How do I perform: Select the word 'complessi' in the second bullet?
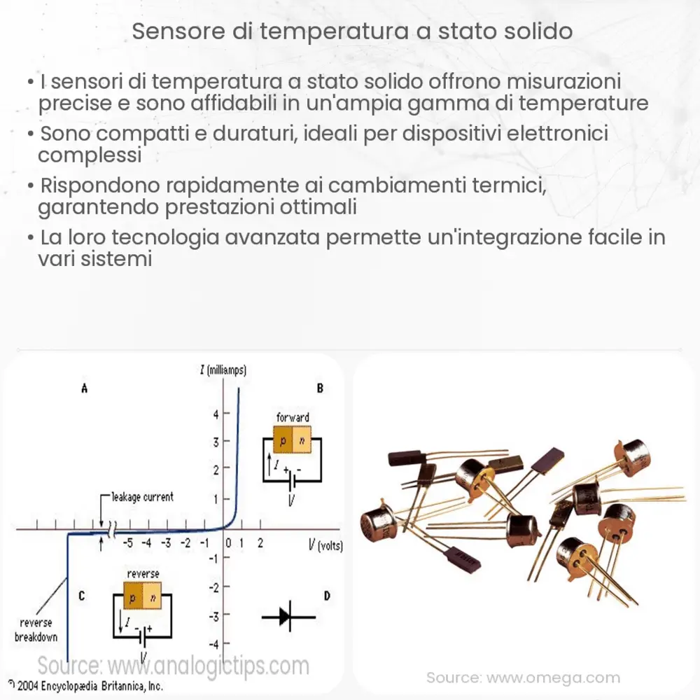pyautogui.click(x=90, y=154)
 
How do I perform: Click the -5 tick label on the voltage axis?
pyautogui.click(x=128, y=543)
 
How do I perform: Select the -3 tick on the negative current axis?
pyautogui.click(x=216, y=615)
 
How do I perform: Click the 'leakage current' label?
pyautogui.click(x=142, y=497)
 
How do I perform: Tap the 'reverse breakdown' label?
pyautogui.click(x=35, y=630)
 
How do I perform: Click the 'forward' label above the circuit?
pyautogui.click(x=293, y=417)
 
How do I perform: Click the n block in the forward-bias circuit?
pyautogui.click(x=302, y=440)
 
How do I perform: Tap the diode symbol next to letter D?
pyautogui.click(x=288, y=617)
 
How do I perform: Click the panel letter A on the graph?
pyautogui.click(x=84, y=389)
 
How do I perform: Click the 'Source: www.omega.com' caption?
pyautogui.click(x=524, y=677)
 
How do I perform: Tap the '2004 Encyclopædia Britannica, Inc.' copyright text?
pyautogui.click(x=87, y=687)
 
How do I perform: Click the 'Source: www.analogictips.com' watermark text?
pyautogui.click(x=173, y=664)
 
